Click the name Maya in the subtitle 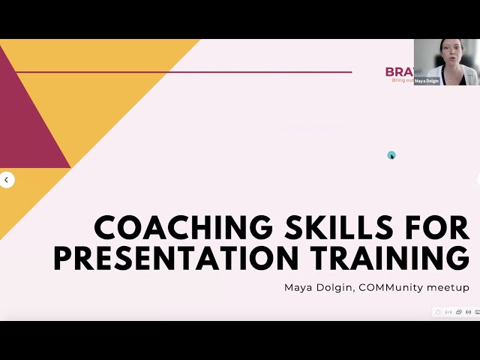point(297,287)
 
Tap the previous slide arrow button point(7,180)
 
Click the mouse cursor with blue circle point(391,155)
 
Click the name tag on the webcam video point(427,81)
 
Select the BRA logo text point(398,72)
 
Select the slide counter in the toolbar point(448,311)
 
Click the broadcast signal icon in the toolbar point(469,311)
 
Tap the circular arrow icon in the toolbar point(438,311)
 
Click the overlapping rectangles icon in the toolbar point(459,311)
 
